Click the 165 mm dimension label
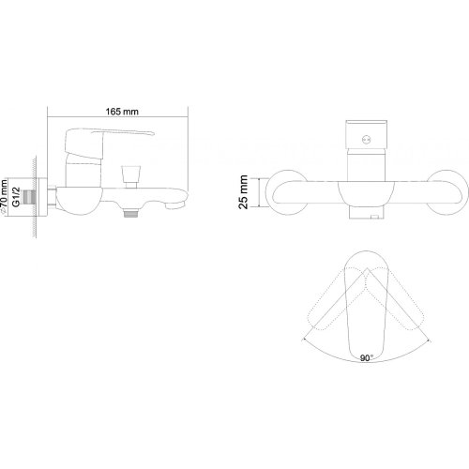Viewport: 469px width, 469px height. point(122,112)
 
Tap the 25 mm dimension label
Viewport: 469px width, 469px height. point(243,192)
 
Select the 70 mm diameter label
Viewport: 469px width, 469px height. point(5,197)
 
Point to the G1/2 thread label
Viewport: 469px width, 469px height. point(16,197)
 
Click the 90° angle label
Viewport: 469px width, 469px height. point(367,357)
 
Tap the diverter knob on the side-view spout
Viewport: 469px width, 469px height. point(128,176)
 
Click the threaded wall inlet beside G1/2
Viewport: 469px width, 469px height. point(29,197)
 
